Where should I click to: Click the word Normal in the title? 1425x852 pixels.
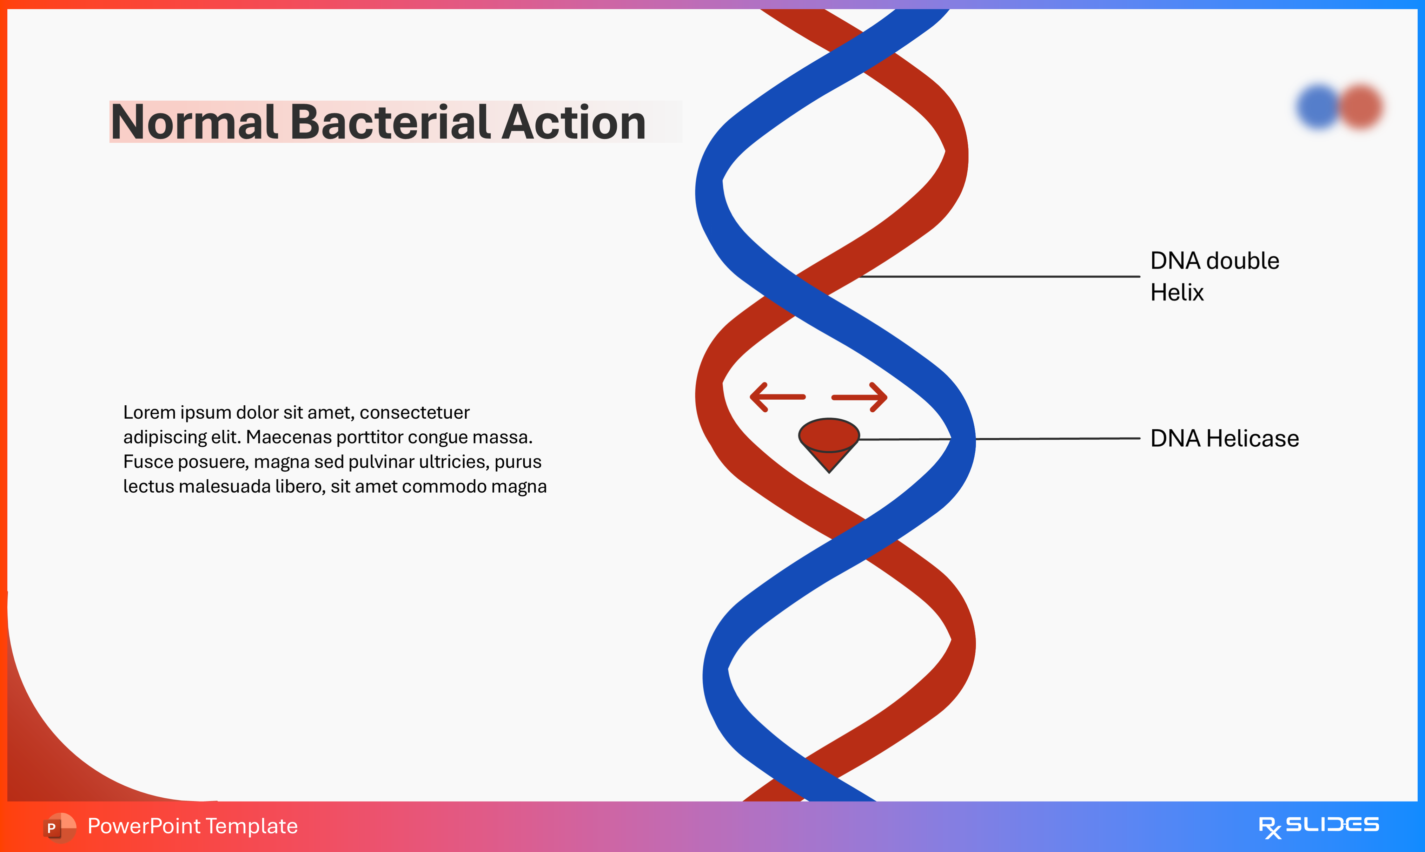194,122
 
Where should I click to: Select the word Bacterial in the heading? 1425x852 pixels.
390,122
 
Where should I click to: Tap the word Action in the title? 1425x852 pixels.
574,122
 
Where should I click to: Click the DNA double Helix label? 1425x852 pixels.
1214,276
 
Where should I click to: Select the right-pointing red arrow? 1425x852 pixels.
860,397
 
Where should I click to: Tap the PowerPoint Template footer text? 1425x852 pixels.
192,826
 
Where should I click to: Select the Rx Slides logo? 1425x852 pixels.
1318,826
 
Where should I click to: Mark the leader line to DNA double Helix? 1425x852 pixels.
1000,276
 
